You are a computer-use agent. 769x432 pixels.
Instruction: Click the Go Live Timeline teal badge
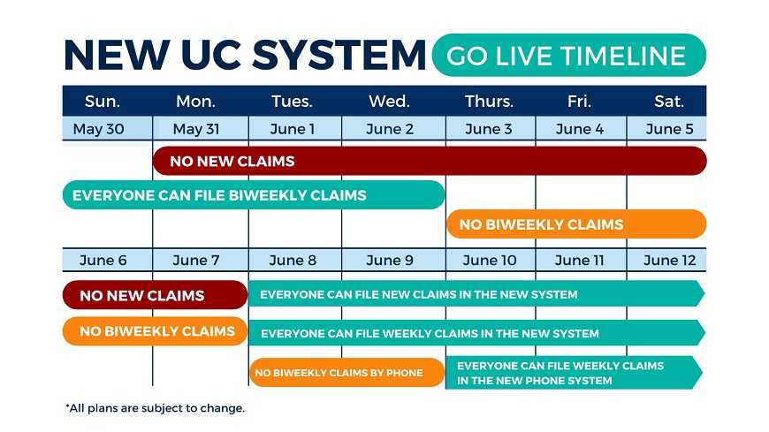pyautogui.click(x=569, y=55)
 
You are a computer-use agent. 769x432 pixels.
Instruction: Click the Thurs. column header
pyautogui.click(x=489, y=101)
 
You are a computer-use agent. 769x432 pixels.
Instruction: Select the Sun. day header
pyautogui.click(x=102, y=101)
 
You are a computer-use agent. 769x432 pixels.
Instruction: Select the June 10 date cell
pyautogui.click(x=491, y=260)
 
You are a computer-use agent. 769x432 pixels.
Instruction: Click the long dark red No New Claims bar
pyautogui.click(x=430, y=161)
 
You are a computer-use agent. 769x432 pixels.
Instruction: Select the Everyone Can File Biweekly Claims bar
pyautogui.click(x=254, y=194)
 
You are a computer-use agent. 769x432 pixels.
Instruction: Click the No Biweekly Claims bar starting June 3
pyautogui.click(x=576, y=224)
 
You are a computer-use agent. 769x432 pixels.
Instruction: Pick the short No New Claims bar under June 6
pyautogui.click(x=155, y=295)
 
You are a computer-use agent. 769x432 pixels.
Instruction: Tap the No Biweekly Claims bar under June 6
pyautogui.click(x=155, y=331)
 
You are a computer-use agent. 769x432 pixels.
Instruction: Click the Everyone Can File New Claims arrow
pyautogui.click(x=476, y=293)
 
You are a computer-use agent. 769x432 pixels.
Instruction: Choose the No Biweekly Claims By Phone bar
pyautogui.click(x=347, y=372)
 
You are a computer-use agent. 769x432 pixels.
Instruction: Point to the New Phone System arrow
pyautogui.click(x=575, y=373)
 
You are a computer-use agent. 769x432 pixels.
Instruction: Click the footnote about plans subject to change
pyautogui.click(x=155, y=408)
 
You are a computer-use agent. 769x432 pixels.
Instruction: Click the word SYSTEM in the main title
pyautogui.click(x=339, y=55)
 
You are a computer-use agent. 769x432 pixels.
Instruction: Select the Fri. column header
pyautogui.click(x=579, y=101)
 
